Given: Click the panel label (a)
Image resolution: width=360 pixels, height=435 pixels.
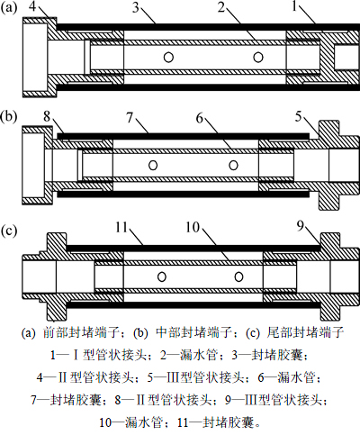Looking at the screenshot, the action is coord(9,7).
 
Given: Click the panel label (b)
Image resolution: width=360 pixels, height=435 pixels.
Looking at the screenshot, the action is coord(9,116).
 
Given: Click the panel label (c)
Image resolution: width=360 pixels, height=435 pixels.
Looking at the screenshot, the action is coord(9,231).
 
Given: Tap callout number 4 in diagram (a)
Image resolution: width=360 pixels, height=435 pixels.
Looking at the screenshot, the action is coord(33,6).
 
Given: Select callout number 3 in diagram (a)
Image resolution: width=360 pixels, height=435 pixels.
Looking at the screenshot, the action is coord(136,7).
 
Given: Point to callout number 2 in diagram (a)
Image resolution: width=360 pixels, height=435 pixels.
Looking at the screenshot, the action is coord(221,7).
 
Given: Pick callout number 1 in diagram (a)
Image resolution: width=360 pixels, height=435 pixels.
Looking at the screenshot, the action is coord(295,6).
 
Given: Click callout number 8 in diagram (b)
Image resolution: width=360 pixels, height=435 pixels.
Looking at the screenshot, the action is coord(47,116).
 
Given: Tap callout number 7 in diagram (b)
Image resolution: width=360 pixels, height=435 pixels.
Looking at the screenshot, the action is coord(130,117).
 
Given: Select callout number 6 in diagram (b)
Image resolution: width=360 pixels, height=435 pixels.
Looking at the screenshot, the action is coord(200,118).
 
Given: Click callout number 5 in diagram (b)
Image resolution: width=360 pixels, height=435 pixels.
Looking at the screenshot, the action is coord(298,116).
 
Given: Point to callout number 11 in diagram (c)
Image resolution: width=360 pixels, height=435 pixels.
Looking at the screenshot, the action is coord(121,227).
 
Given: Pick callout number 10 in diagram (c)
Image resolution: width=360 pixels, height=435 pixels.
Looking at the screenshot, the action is coord(193,227).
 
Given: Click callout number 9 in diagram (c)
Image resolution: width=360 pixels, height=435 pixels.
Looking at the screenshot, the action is coord(301,226).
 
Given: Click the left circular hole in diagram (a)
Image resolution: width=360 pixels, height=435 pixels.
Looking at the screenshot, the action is coord(168,57).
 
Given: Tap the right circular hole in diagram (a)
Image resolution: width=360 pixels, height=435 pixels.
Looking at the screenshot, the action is coord(258,57).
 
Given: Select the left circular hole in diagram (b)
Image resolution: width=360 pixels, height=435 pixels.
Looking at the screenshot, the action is coord(153,165).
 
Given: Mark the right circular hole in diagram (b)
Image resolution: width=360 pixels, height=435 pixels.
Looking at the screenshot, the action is coord(234,165).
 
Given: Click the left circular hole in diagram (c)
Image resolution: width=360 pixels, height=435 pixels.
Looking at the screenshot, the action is coord(162,276).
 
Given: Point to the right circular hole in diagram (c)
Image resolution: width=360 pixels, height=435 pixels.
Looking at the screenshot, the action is coord(238,276).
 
